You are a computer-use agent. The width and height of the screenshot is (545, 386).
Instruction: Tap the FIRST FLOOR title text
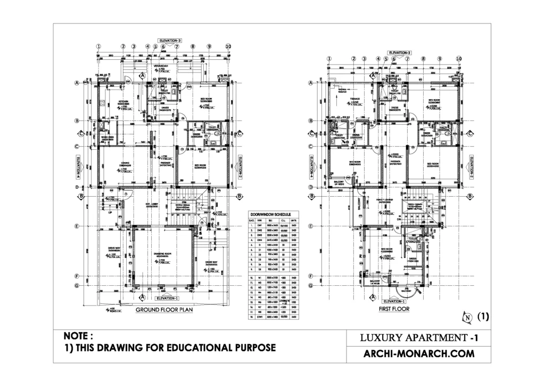pos(394,308)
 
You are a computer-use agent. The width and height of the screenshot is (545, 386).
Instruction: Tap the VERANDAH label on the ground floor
pos(161,67)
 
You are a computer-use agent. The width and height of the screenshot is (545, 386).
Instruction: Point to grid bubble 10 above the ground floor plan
pos(228,46)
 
